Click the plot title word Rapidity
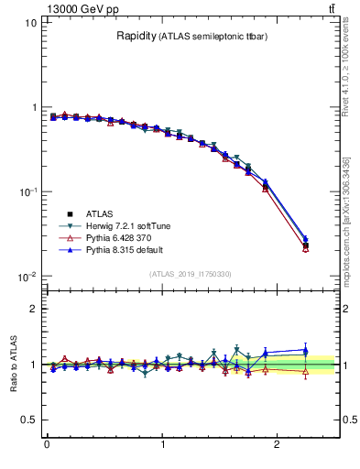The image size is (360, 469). [136, 37]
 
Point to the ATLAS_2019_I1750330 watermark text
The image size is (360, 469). [190, 274]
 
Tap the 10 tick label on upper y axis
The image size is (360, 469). [30, 23]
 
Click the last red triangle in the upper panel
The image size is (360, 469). [306, 248]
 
